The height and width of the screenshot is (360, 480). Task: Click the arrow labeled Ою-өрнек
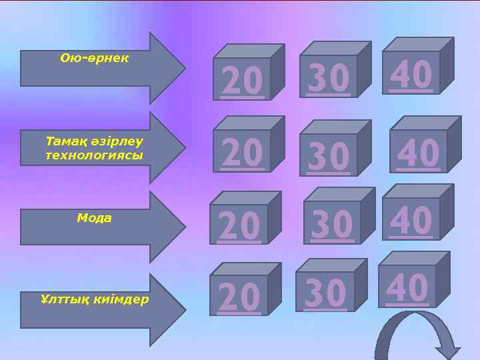[100, 67]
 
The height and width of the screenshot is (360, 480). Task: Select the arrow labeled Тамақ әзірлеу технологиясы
[100, 148]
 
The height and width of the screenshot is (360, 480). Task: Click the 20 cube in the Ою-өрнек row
[243, 79]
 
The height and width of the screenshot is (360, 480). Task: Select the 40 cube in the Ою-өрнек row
[411, 72]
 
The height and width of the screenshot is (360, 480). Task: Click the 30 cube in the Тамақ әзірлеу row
[329, 155]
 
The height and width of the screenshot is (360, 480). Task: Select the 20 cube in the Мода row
[239, 224]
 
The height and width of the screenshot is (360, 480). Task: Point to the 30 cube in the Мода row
[332, 221]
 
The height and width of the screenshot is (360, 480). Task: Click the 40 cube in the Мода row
[411, 219]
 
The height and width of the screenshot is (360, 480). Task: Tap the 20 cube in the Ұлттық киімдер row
[239, 295]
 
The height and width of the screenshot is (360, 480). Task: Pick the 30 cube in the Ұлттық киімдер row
[325, 291]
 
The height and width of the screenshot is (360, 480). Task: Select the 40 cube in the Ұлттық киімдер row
[407, 286]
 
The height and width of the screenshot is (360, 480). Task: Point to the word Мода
[94, 218]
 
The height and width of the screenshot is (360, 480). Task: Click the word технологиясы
[94, 155]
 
